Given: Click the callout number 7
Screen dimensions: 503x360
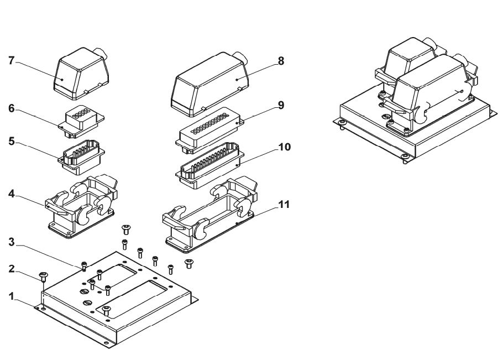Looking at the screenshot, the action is (x=12, y=60).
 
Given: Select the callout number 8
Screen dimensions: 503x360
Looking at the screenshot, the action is (x=281, y=61).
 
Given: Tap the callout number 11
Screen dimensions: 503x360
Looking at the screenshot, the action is (x=284, y=204).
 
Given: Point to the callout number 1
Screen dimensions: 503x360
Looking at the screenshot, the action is (x=12, y=296).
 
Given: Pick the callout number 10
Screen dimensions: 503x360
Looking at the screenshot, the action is (x=284, y=147).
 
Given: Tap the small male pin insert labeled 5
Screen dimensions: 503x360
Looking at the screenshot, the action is (x=81, y=156).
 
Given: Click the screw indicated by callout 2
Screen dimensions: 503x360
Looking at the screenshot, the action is (x=43, y=276).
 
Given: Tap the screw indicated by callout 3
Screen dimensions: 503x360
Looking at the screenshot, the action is (x=84, y=265).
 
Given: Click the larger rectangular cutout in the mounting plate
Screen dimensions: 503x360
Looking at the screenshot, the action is (x=135, y=297).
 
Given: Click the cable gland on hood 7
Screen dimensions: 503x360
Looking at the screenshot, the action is (x=101, y=53).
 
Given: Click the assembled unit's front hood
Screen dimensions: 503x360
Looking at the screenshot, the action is (x=433, y=91).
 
